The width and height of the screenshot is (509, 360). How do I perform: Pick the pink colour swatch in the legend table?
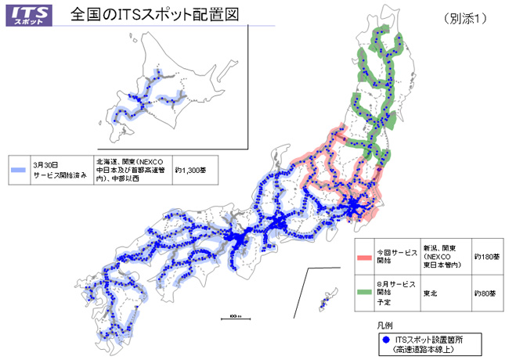click(365, 256)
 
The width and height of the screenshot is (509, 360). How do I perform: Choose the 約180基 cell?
click(487, 255)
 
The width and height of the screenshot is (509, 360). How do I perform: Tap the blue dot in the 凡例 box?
click(386, 340)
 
